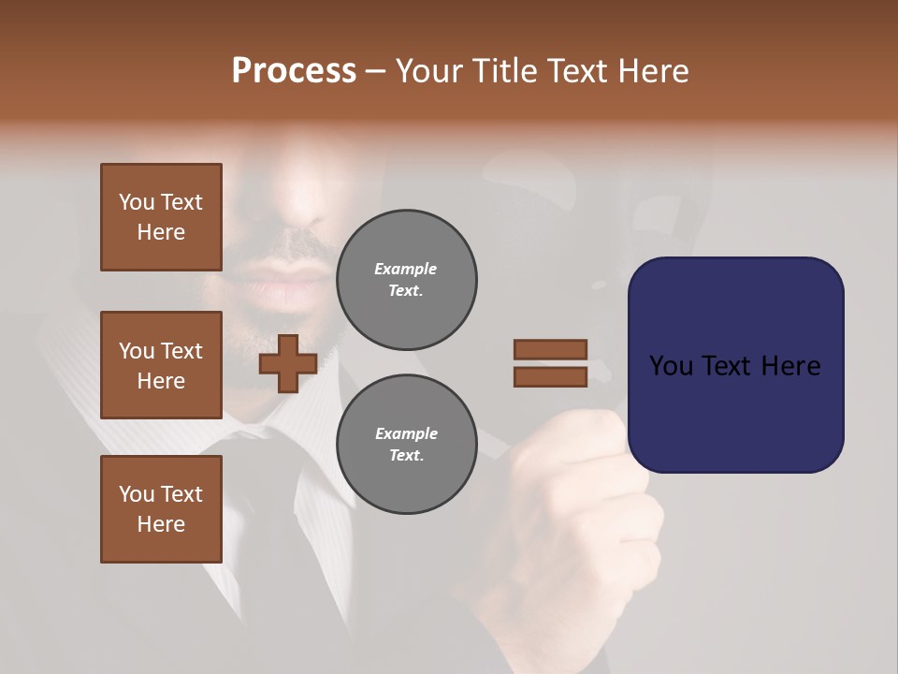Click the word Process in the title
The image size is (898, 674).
click(294, 71)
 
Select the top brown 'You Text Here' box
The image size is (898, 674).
click(161, 217)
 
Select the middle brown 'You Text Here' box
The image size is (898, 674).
click(161, 365)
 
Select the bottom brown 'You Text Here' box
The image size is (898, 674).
click(161, 509)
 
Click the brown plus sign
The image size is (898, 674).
click(288, 363)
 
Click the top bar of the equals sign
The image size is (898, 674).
click(550, 350)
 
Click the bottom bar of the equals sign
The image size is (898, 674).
click(550, 377)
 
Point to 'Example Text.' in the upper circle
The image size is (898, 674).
click(406, 280)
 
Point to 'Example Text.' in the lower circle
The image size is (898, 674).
click(406, 445)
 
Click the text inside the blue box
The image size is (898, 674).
click(735, 365)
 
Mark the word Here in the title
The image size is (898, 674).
click(652, 71)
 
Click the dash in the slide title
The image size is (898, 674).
click(376, 71)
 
